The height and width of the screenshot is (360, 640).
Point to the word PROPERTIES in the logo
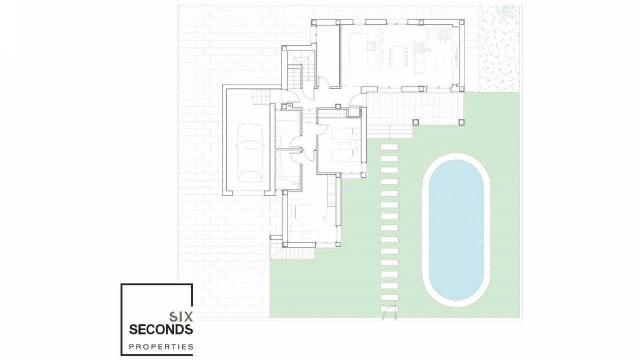pyautogui.click(x=161, y=347)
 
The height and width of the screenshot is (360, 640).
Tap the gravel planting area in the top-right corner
pyautogui.click(x=499, y=50)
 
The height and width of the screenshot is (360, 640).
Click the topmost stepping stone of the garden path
pyautogui.click(x=389, y=147)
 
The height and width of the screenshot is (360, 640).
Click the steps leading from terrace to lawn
pyautogui.click(x=390, y=133)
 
